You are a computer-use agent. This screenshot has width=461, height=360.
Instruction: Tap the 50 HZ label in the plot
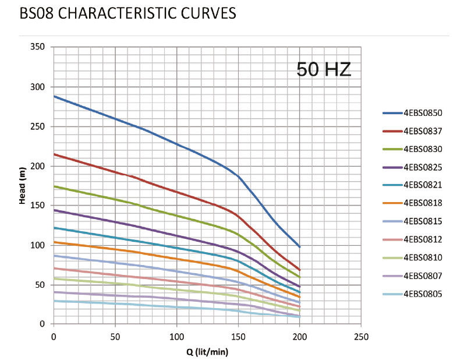point(324,69)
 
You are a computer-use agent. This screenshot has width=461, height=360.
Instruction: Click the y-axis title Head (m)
point(22,185)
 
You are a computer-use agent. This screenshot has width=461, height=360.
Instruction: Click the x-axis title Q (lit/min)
point(207,351)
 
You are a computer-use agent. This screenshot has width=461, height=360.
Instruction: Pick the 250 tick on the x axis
point(361,336)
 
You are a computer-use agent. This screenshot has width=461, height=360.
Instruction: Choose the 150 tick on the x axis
point(238,336)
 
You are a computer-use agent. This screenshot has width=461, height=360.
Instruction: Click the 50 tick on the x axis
point(115,336)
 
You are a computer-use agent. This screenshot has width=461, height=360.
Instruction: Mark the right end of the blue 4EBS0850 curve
point(300,247)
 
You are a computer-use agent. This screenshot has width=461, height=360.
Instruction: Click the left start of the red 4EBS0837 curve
point(54,154)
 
